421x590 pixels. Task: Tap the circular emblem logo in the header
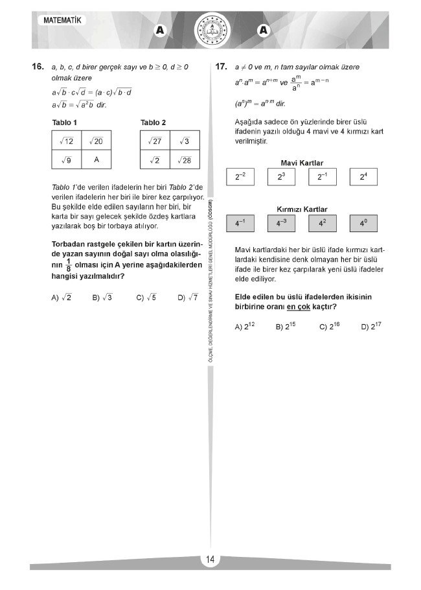click(x=210, y=30)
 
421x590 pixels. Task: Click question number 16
click(x=37, y=67)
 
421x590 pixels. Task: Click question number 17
click(x=222, y=67)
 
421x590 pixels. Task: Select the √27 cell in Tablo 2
click(x=155, y=141)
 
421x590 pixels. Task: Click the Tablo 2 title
click(x=153, y=123)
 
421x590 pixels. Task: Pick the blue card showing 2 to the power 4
click(x=363, y=176)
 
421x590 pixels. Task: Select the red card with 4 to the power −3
click(x=281, y=223)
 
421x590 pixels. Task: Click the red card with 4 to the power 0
click(x=363, y=223)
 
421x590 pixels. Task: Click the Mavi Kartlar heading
click(x=301, y=163)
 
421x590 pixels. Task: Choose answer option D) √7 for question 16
click(x=188, y=298)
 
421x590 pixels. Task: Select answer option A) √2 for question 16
click(x=62, y=298)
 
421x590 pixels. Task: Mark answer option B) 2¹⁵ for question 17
click(x=286, y=327)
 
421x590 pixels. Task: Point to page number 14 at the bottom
click(x=210, y=560)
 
